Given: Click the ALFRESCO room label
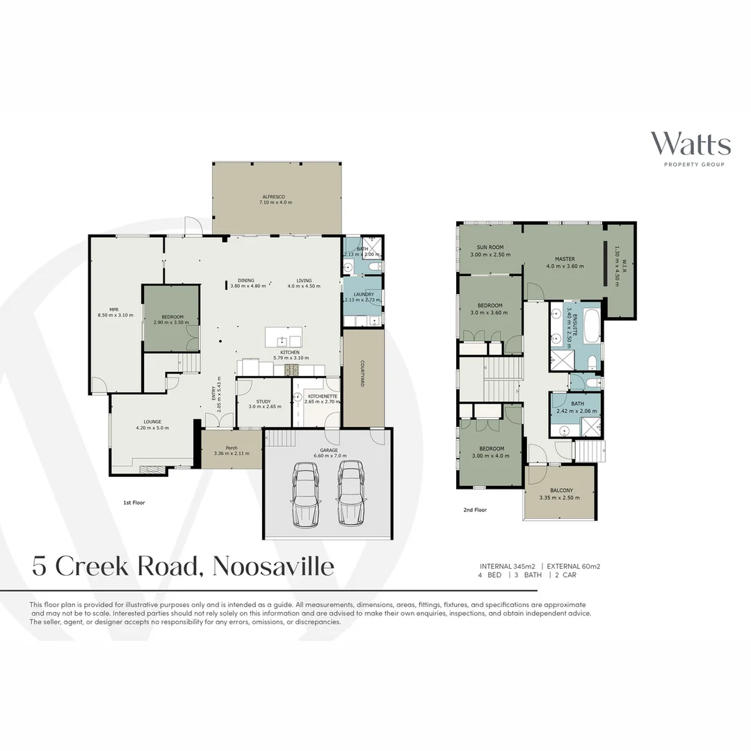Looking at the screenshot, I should click(x=276, y=197).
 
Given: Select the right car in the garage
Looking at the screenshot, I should click(x=350, y=494).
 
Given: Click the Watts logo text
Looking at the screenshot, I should click(x=690, y=144).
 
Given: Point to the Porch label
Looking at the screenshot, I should click(x=232, y=448).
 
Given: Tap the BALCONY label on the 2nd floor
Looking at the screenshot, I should click(x=559, y=490).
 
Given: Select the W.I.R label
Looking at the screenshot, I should click(x=624, y=267).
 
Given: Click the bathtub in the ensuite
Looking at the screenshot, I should click(x=591, y=326).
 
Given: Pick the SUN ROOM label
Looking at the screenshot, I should click(x=490, y=248).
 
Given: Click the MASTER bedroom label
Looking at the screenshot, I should click(x=565, y=259).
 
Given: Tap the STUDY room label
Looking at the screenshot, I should click(x=263, y=401).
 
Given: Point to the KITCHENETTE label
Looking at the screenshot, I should click(x=321, y=396).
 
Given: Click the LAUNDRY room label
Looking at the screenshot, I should click(x=364, y=294).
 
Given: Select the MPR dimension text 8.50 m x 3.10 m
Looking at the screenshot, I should click(x=114, y=316).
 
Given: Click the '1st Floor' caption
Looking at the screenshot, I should click(x=134, y=501).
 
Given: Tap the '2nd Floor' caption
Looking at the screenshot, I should click(x=474, y=510).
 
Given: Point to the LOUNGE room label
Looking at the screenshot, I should click(x=152, y=421).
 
